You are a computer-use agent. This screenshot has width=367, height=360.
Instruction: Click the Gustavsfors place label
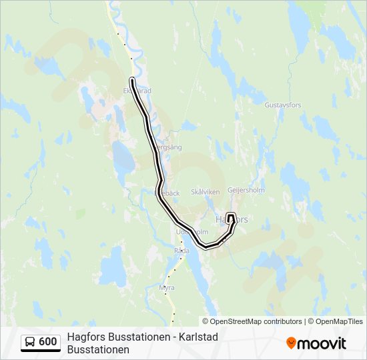coord(284,105)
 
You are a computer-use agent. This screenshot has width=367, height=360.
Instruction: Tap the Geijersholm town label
coord(246,190)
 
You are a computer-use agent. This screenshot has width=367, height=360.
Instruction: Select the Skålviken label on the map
coord(206,192)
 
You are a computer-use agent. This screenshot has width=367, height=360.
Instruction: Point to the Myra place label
coord(167,287)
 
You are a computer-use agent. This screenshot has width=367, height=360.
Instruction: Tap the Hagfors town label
coord(232,219)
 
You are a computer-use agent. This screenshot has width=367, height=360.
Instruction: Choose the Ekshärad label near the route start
coord(138,91)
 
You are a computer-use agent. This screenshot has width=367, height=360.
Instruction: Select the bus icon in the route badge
coord(30,342)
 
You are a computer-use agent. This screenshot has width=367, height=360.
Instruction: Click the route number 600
coord(48,342)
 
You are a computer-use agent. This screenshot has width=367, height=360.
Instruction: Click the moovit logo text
coord(322,343)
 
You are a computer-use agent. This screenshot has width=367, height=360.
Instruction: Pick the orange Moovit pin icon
coord(292,343)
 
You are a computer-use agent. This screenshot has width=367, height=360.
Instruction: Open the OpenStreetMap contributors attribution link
coord(246,321)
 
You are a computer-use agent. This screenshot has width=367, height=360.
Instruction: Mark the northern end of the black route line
coord(132,81)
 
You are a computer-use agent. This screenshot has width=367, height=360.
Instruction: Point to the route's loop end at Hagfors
coord(231,216)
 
